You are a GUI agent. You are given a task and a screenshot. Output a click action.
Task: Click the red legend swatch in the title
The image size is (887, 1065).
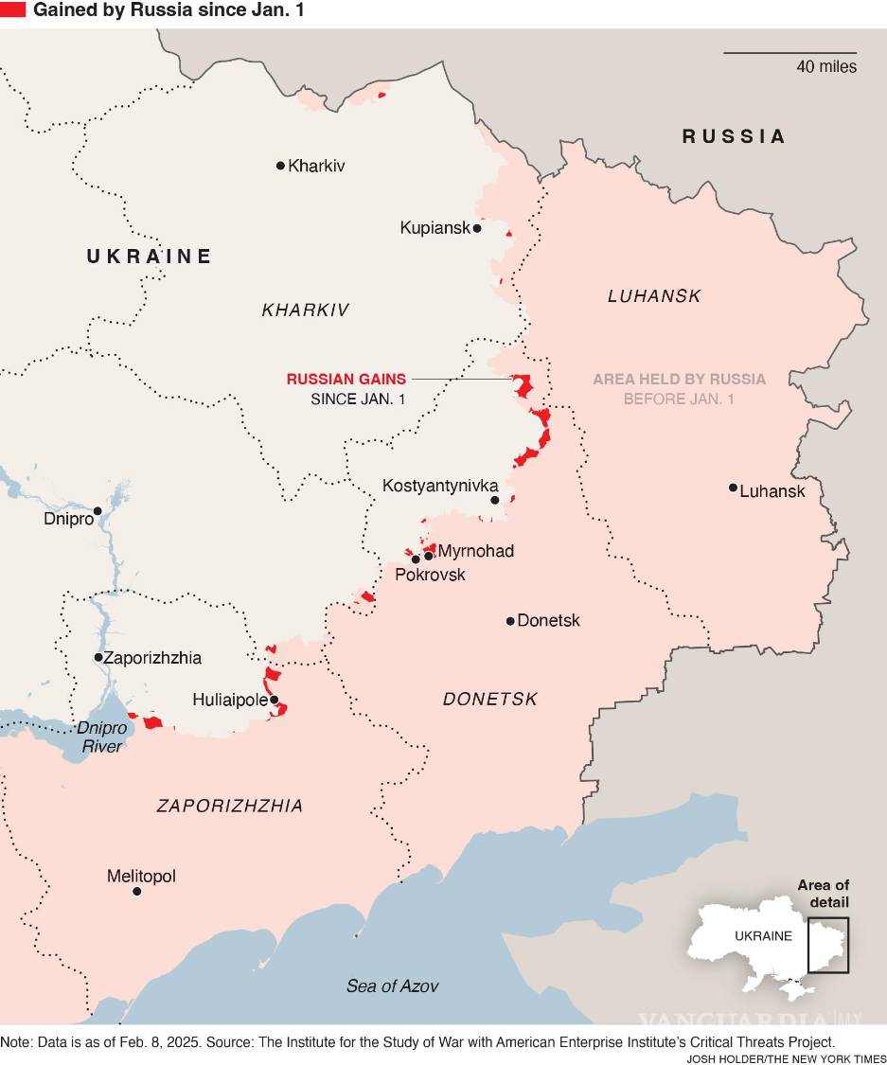coord(13,11)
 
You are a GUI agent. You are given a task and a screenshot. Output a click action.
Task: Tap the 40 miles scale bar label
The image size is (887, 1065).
coord(825,66)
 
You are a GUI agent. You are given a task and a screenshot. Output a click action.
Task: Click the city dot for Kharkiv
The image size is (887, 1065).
coord(280,166)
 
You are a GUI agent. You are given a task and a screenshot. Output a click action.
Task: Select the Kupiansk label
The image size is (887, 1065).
coord(435,228)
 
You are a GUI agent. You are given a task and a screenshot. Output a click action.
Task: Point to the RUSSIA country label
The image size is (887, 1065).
coord(734,136)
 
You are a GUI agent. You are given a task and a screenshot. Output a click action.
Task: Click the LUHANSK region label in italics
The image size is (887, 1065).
coord(654,296)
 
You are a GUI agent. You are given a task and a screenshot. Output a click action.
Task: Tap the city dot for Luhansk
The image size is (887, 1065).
coord(733,488)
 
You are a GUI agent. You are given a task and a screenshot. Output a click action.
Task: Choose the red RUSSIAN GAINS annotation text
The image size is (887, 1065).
coord(346,379)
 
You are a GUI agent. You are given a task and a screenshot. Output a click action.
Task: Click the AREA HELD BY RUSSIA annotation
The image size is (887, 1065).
coord(679,380)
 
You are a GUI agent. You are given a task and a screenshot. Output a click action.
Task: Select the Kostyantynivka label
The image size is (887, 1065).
coord(439,486)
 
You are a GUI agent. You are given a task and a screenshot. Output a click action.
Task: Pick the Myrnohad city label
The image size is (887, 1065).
coord(476,550)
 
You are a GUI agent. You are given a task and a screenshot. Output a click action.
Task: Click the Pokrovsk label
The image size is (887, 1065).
coord(430,575)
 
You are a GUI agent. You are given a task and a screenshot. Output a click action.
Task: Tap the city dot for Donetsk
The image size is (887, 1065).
coord(510,621)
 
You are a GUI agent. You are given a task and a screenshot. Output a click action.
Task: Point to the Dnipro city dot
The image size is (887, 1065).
coord(97,510)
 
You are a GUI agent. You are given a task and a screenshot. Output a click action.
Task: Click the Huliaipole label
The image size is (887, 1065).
coord(229,701)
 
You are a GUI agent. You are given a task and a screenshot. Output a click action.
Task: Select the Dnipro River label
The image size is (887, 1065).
coord(100,737)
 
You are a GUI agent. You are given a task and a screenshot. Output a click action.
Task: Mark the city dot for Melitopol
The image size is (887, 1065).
coord(137,892)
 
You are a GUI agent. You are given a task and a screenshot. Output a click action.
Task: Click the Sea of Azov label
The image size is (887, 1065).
coord(392,985)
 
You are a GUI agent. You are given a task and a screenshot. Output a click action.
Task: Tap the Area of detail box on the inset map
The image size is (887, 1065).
coord(828,945)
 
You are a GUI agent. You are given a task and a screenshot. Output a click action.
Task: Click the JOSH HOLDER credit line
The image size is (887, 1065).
coord(786,1057)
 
